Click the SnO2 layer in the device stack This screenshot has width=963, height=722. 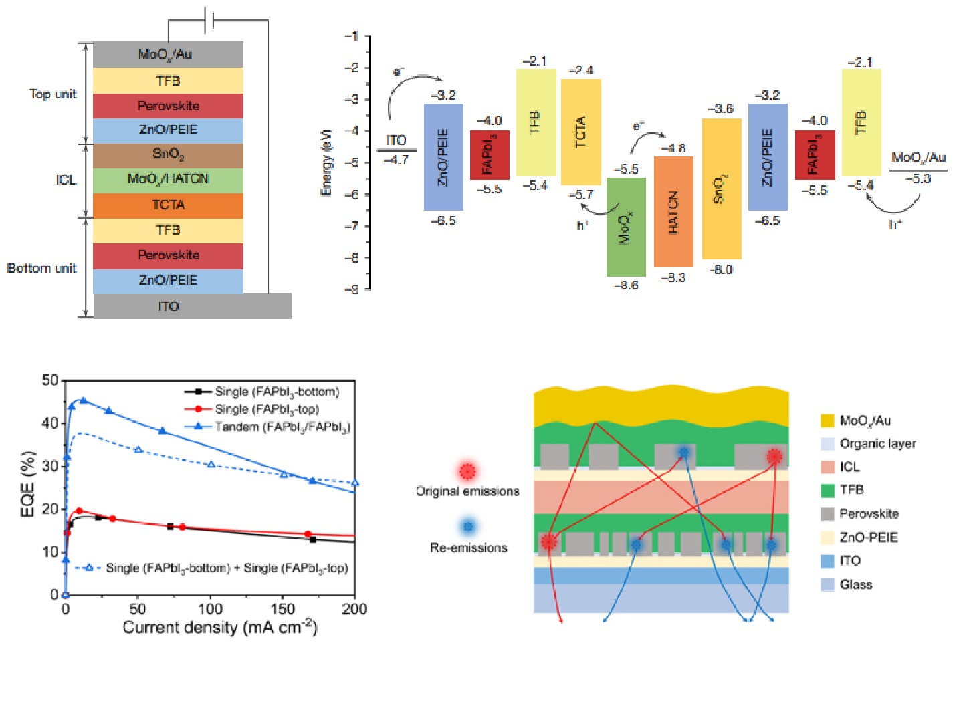coord(168,154)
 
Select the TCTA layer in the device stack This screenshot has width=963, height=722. coord(168,205)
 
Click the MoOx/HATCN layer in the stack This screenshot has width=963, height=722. coord(168,179)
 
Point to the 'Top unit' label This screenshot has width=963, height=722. coord(53,94)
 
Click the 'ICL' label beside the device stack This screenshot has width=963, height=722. coord(66,180)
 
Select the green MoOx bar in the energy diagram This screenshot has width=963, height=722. coord(626,227)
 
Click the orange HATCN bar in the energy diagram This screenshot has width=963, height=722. coord(673,212)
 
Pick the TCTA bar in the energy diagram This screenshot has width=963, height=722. coord(580,132)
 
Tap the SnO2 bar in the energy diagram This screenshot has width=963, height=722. coord(722,189)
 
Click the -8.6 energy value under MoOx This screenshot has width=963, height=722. coord(626,285)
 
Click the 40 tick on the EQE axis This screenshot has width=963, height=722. coord(50,423)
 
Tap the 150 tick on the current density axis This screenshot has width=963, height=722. coord(282,608)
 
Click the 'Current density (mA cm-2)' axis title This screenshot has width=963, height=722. coord(219,628)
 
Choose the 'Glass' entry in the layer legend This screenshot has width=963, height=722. coord(856,584)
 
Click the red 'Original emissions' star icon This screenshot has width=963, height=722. coord(467,471)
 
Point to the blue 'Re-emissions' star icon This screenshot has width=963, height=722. coord(468,527)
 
